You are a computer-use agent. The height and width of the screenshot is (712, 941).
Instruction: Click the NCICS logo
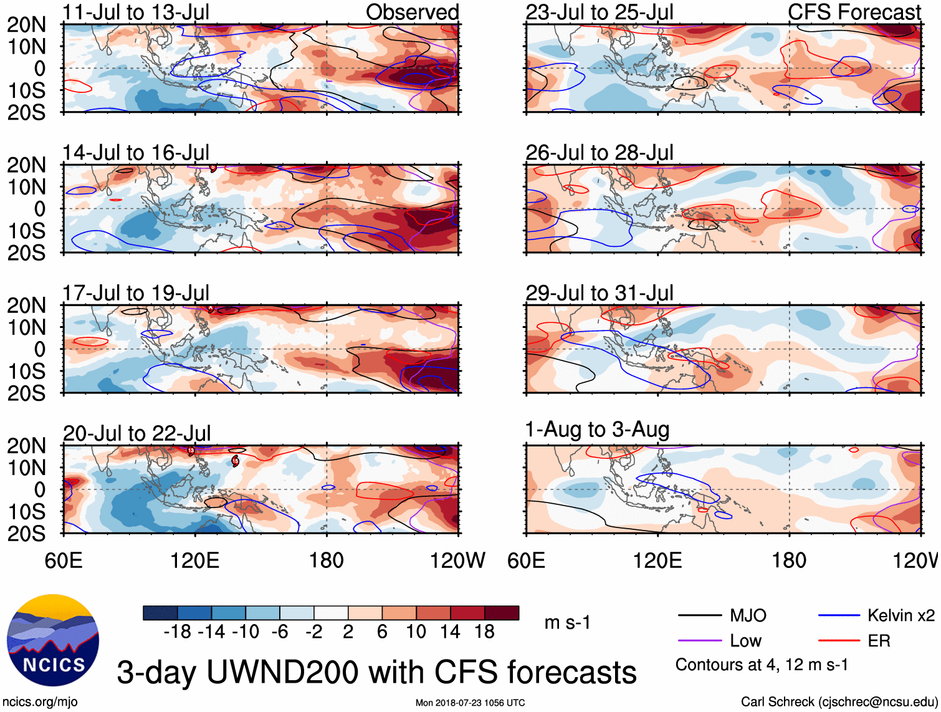(52, 640)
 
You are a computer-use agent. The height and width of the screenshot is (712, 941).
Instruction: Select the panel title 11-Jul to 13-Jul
(136, 12)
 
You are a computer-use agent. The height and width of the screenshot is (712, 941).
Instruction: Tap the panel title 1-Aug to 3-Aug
(597, 430)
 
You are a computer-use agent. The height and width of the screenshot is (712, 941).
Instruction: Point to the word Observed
(412, 12)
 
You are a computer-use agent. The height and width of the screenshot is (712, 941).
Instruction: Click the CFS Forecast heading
(854, 12)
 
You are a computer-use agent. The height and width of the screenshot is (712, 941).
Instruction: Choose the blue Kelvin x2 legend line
(839, 616)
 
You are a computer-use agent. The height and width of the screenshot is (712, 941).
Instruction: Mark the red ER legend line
(839, 641)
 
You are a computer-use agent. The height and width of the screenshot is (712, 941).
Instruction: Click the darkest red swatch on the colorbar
(502, 613)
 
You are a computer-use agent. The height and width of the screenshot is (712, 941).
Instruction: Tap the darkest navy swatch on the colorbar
(160, 613)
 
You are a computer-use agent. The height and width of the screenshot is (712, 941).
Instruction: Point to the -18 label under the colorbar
(178, 632)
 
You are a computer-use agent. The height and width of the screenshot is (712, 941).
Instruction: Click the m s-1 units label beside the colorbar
(567, 622)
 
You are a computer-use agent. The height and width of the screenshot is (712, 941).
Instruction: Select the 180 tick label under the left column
(327, 560)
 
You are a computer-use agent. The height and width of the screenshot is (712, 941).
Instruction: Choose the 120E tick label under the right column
(657, 560)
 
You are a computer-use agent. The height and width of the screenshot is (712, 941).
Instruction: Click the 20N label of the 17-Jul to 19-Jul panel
(26, 305)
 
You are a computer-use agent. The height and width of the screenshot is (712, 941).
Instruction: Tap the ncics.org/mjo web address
(40, 702)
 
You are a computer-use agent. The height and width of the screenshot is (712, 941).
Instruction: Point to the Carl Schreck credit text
(839, 702)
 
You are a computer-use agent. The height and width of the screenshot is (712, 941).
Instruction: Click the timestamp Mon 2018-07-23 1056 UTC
(470, 703)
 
